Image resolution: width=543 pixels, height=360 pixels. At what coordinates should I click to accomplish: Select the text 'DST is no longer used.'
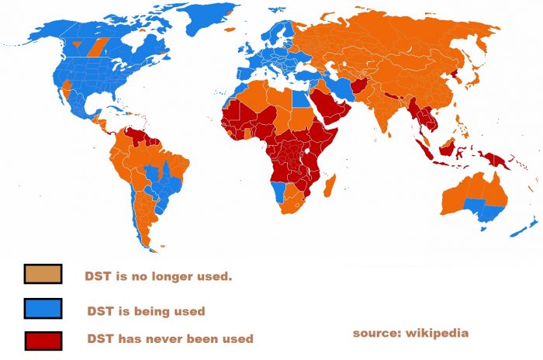(158, 275)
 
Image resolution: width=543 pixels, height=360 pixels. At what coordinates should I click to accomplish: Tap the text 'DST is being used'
(146, 311)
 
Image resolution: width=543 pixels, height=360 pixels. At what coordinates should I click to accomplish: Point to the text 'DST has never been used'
(169, 339)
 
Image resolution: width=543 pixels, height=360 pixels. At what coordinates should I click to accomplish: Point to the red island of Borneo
(446, 147)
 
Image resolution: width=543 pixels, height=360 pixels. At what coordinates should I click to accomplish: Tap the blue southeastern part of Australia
(481, 208)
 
